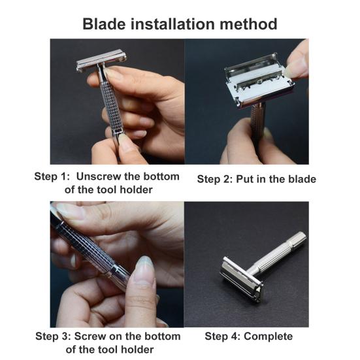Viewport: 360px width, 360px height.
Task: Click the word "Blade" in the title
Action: (x=104, y=24)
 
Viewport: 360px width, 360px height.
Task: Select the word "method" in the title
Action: (x=248, y=24)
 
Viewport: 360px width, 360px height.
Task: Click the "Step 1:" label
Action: (x=52, y=176)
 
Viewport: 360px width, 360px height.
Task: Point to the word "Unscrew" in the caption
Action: (x=99, y=176)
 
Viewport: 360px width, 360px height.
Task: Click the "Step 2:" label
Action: (x=215, y=179)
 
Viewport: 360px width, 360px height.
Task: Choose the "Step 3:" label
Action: (x=54, y=336)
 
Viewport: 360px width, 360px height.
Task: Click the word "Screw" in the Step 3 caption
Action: (x=90, y=336)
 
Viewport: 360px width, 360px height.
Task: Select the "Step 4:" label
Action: (x=223, y=336)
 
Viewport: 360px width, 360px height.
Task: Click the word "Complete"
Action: (x=268, y=336)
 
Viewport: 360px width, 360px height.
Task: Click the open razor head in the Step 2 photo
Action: (x=259, y=80)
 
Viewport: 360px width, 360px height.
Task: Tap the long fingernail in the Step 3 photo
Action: (x=144, y=269)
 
